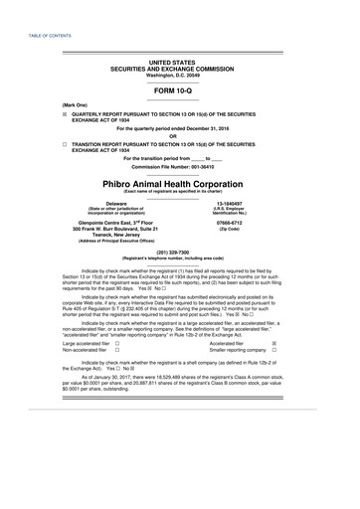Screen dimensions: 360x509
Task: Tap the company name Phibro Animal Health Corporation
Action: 180,184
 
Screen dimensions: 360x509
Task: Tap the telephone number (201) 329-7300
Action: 180,253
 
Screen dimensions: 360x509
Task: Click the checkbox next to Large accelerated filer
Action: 116,341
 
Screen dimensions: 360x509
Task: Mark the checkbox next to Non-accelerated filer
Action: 116,350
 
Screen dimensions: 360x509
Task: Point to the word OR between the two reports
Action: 180,136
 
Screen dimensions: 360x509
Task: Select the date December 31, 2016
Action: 213,128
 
